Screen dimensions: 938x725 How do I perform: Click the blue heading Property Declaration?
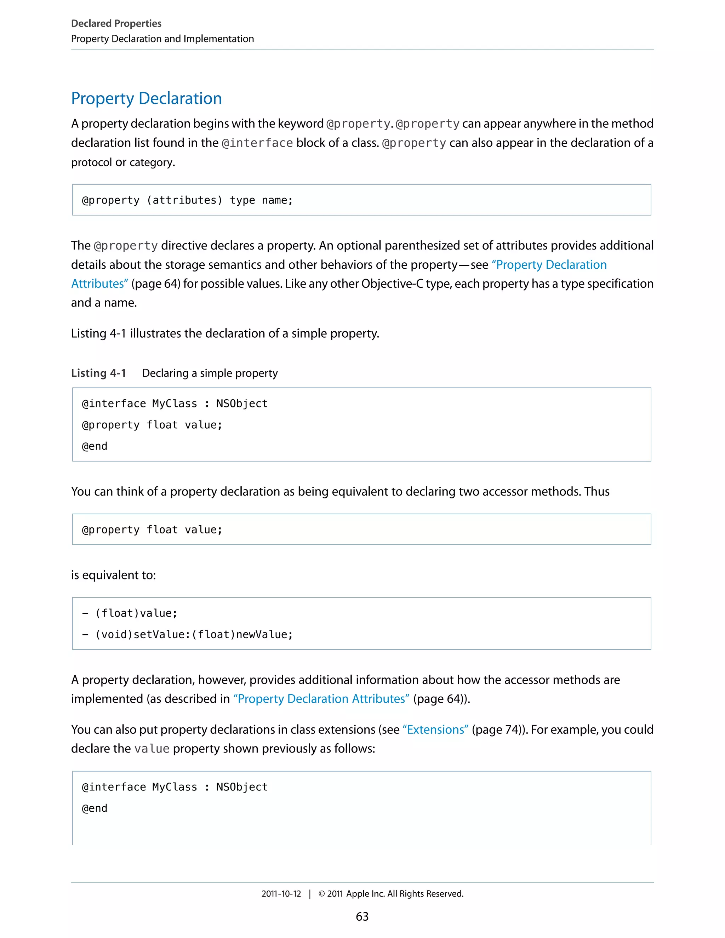point(147,98)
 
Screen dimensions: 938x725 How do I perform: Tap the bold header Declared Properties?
point(116,23)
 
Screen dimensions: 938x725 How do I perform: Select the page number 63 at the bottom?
point(362,916)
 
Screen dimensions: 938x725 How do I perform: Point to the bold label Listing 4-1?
point(98,373)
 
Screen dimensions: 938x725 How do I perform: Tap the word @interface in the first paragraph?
point(257,143)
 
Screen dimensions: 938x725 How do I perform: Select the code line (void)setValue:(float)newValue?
point(194,634)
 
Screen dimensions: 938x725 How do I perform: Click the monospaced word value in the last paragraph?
point(152,749)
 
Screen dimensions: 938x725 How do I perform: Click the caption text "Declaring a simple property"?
point(210,373)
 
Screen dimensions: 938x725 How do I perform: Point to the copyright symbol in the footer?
point(321,894)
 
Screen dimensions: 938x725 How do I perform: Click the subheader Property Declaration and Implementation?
point(162,39)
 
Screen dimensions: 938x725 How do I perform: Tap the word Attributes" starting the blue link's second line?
point(99,284)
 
